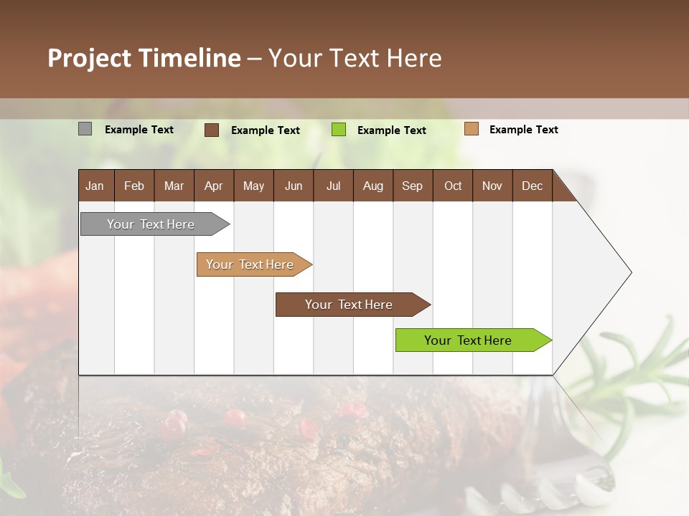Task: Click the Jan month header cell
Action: (95, 186)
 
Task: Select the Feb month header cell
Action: (134, 186)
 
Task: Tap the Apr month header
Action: (214, 186)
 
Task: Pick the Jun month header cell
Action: (294, 186)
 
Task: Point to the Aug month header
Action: (373, 186)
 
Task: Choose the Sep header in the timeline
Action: (413, 186)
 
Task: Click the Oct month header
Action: (453, 186)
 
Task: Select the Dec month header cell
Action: (533, 186)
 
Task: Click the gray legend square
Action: (85, 129)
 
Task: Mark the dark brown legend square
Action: (211, 130)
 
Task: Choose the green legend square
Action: (338, 130)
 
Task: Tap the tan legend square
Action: (471, 129)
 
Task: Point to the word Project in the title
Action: (90, 58)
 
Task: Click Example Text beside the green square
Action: (392, 130)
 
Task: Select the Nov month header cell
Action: (492, 186)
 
